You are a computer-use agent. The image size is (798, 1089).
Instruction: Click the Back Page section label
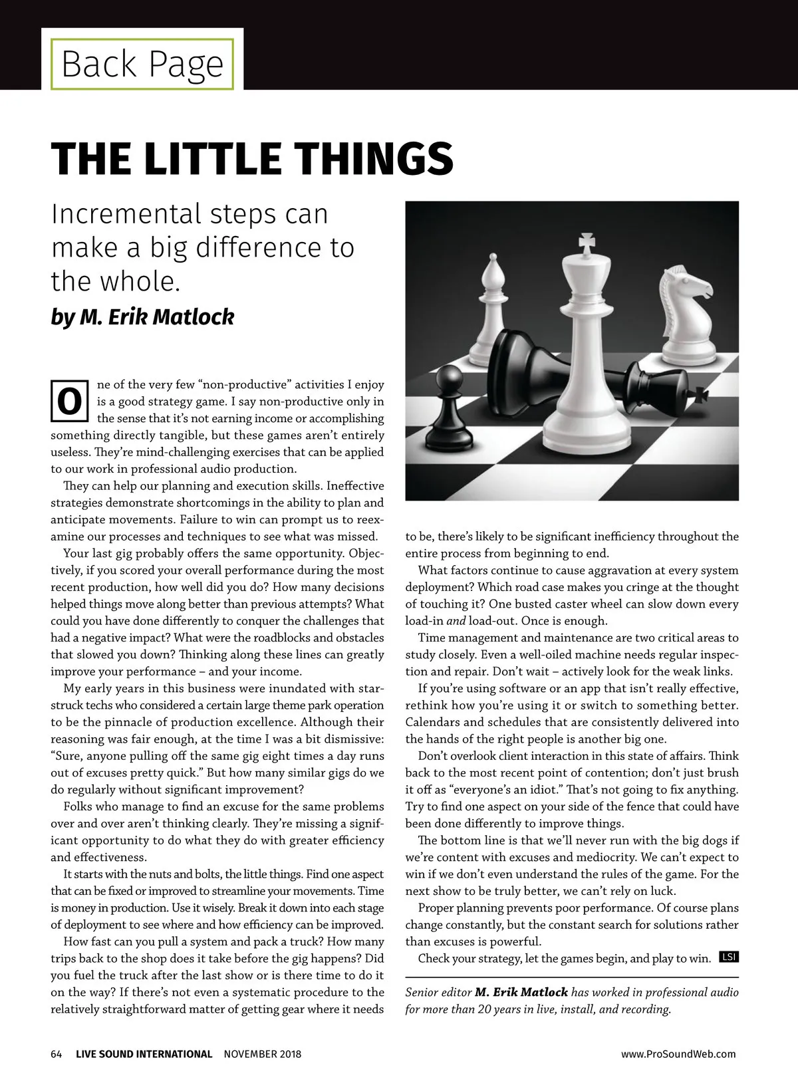pos(142,64)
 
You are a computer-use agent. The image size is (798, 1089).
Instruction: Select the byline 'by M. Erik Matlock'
pos(142,317)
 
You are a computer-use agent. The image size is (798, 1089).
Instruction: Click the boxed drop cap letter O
pos(69,402)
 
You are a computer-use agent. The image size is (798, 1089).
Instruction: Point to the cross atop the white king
pos(586,244)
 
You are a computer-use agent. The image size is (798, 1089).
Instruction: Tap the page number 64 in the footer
pos(57,1054)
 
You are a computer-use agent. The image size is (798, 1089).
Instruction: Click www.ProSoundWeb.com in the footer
pos(678,1054)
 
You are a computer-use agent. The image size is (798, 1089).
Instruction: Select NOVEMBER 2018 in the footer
pos(262,1054)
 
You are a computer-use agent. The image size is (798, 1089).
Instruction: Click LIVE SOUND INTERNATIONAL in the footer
pos(144,1054)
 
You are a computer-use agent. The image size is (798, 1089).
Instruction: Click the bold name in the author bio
pos(521,992)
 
